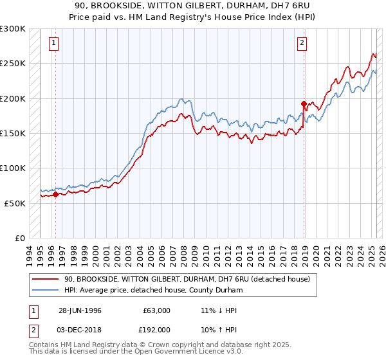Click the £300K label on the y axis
(x=13, y=29)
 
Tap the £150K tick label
(x=13, y=134)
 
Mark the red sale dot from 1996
(x=55, y=194)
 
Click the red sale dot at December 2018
(x=304, y=104)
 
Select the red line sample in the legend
(x=46, y=279)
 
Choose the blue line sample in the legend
(x=46, y=291)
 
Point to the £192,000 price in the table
(x=156, y=330)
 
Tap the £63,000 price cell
(x=156, y=310)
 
